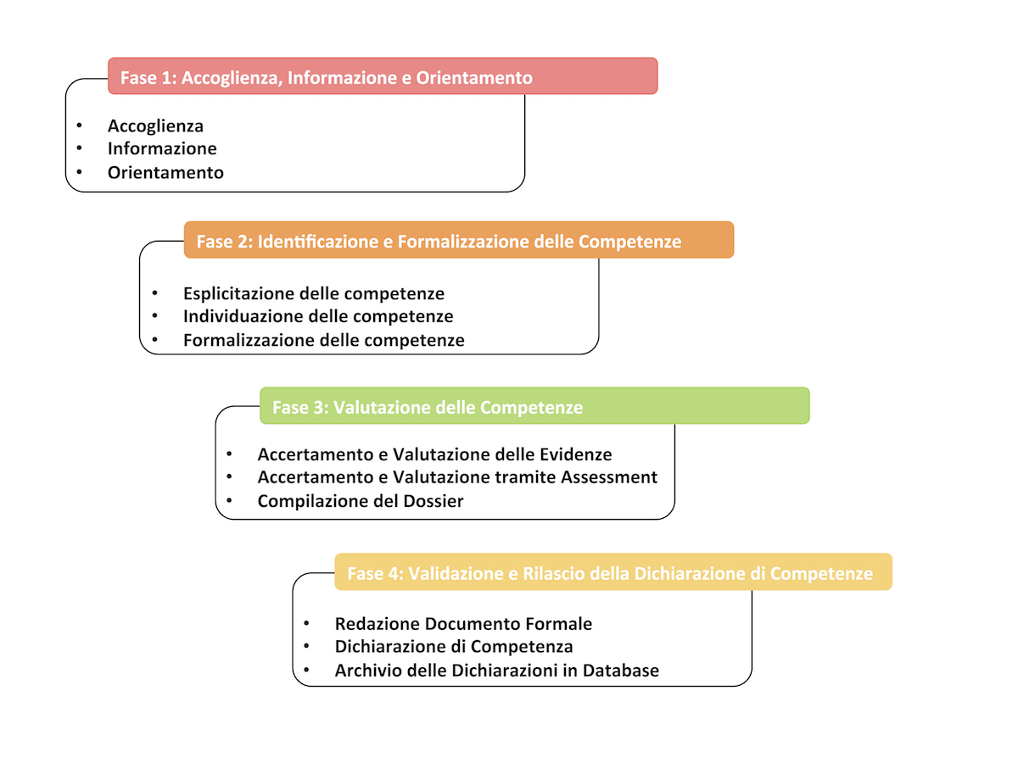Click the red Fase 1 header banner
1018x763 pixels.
click(382, 76)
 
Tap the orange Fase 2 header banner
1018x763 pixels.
click(458, 241)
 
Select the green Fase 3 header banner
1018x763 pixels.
click(534, 406)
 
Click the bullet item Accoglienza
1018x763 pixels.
click(155, 126)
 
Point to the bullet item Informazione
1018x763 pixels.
click(162, 149)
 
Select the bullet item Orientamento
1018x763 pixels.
click(165, 173)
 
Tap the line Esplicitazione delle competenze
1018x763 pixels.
click(314, 294)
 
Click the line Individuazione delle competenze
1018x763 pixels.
click(318, 317)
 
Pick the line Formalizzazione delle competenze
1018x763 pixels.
click(323, 341)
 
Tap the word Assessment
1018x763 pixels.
click(609, 477)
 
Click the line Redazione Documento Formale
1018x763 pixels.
click(463, 624)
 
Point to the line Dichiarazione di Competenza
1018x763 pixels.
click(454, 647)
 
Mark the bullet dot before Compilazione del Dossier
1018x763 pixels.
click(229, 500)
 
